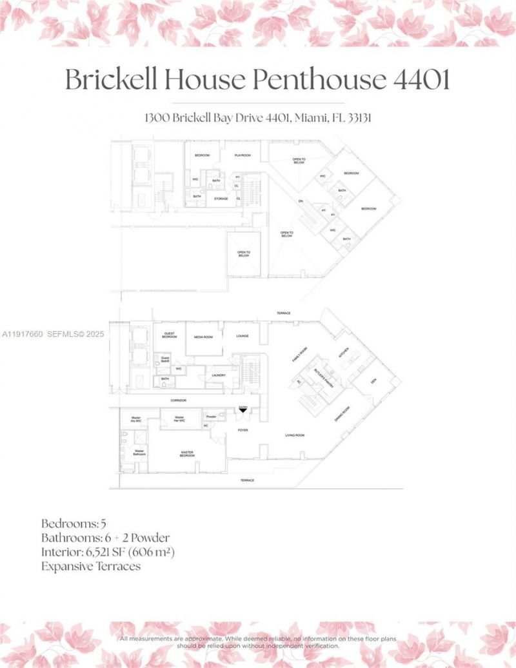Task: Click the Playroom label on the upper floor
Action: pos(242,155)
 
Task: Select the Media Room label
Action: pos(202,336)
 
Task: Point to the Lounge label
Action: pos(243,336)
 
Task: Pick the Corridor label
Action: pos(179,400)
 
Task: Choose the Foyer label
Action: pos(243,429)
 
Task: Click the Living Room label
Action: pos(295,435)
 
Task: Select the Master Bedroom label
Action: pos(187,454)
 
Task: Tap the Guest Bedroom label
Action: pos(169,336)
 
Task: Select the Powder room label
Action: pos(211,417)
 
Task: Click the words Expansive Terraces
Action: pos(91,567)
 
